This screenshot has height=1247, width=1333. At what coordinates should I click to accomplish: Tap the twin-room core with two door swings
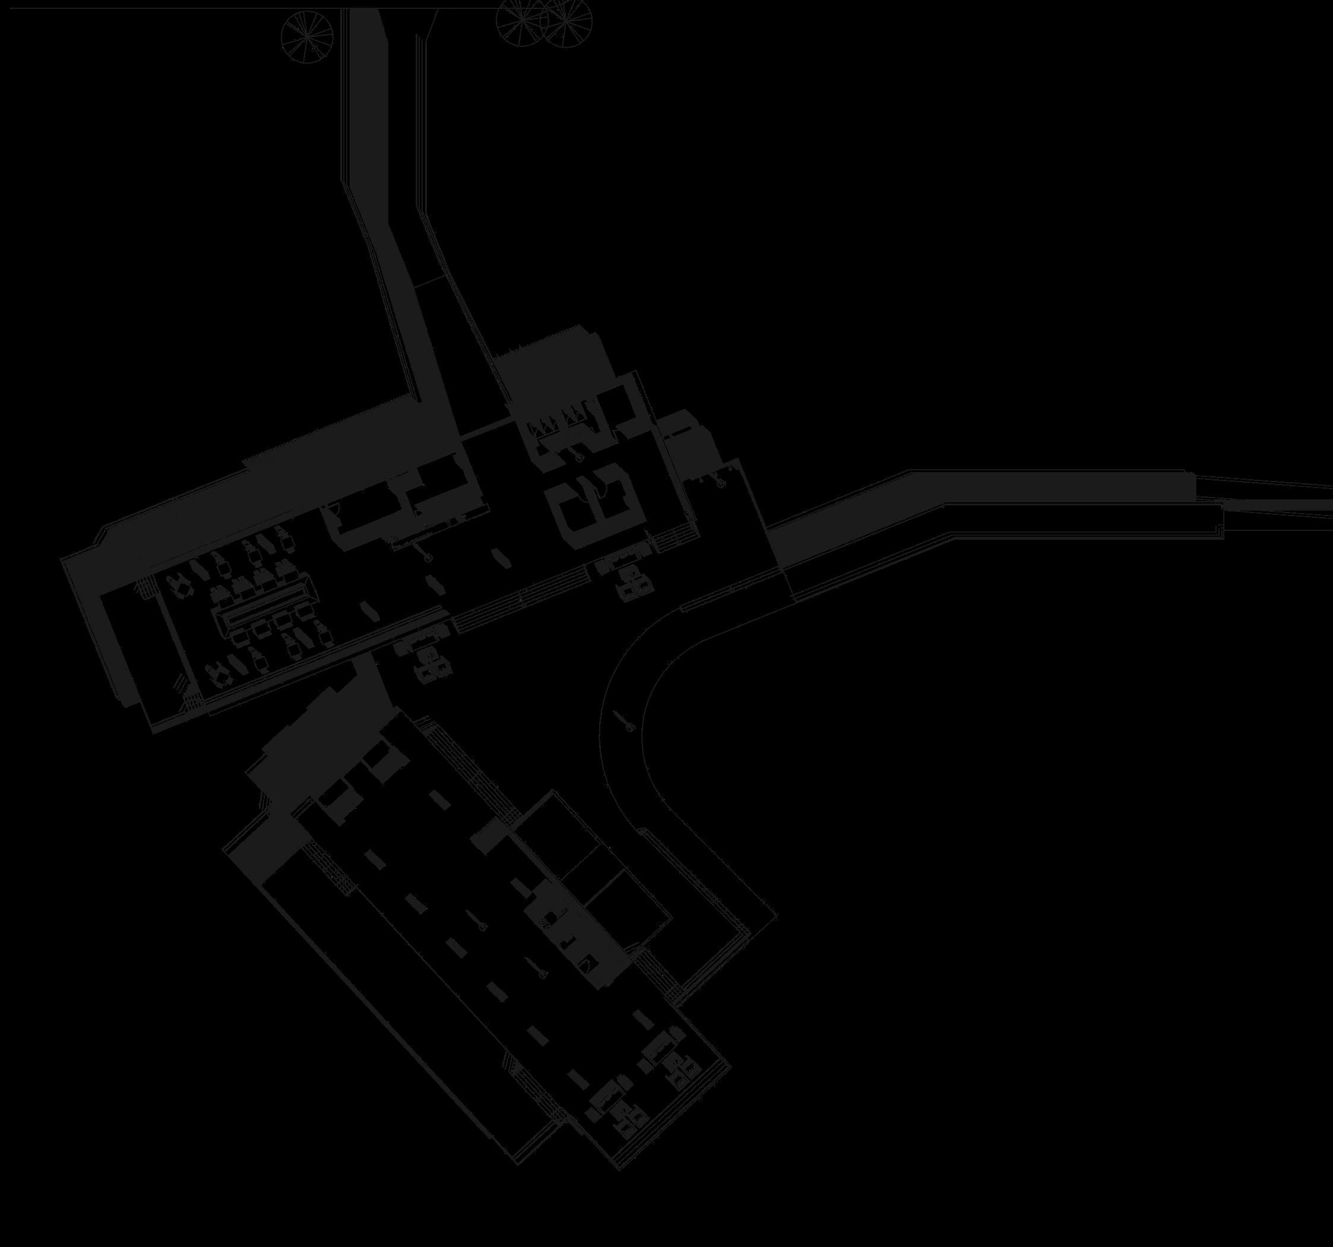(x=590, y=496)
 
